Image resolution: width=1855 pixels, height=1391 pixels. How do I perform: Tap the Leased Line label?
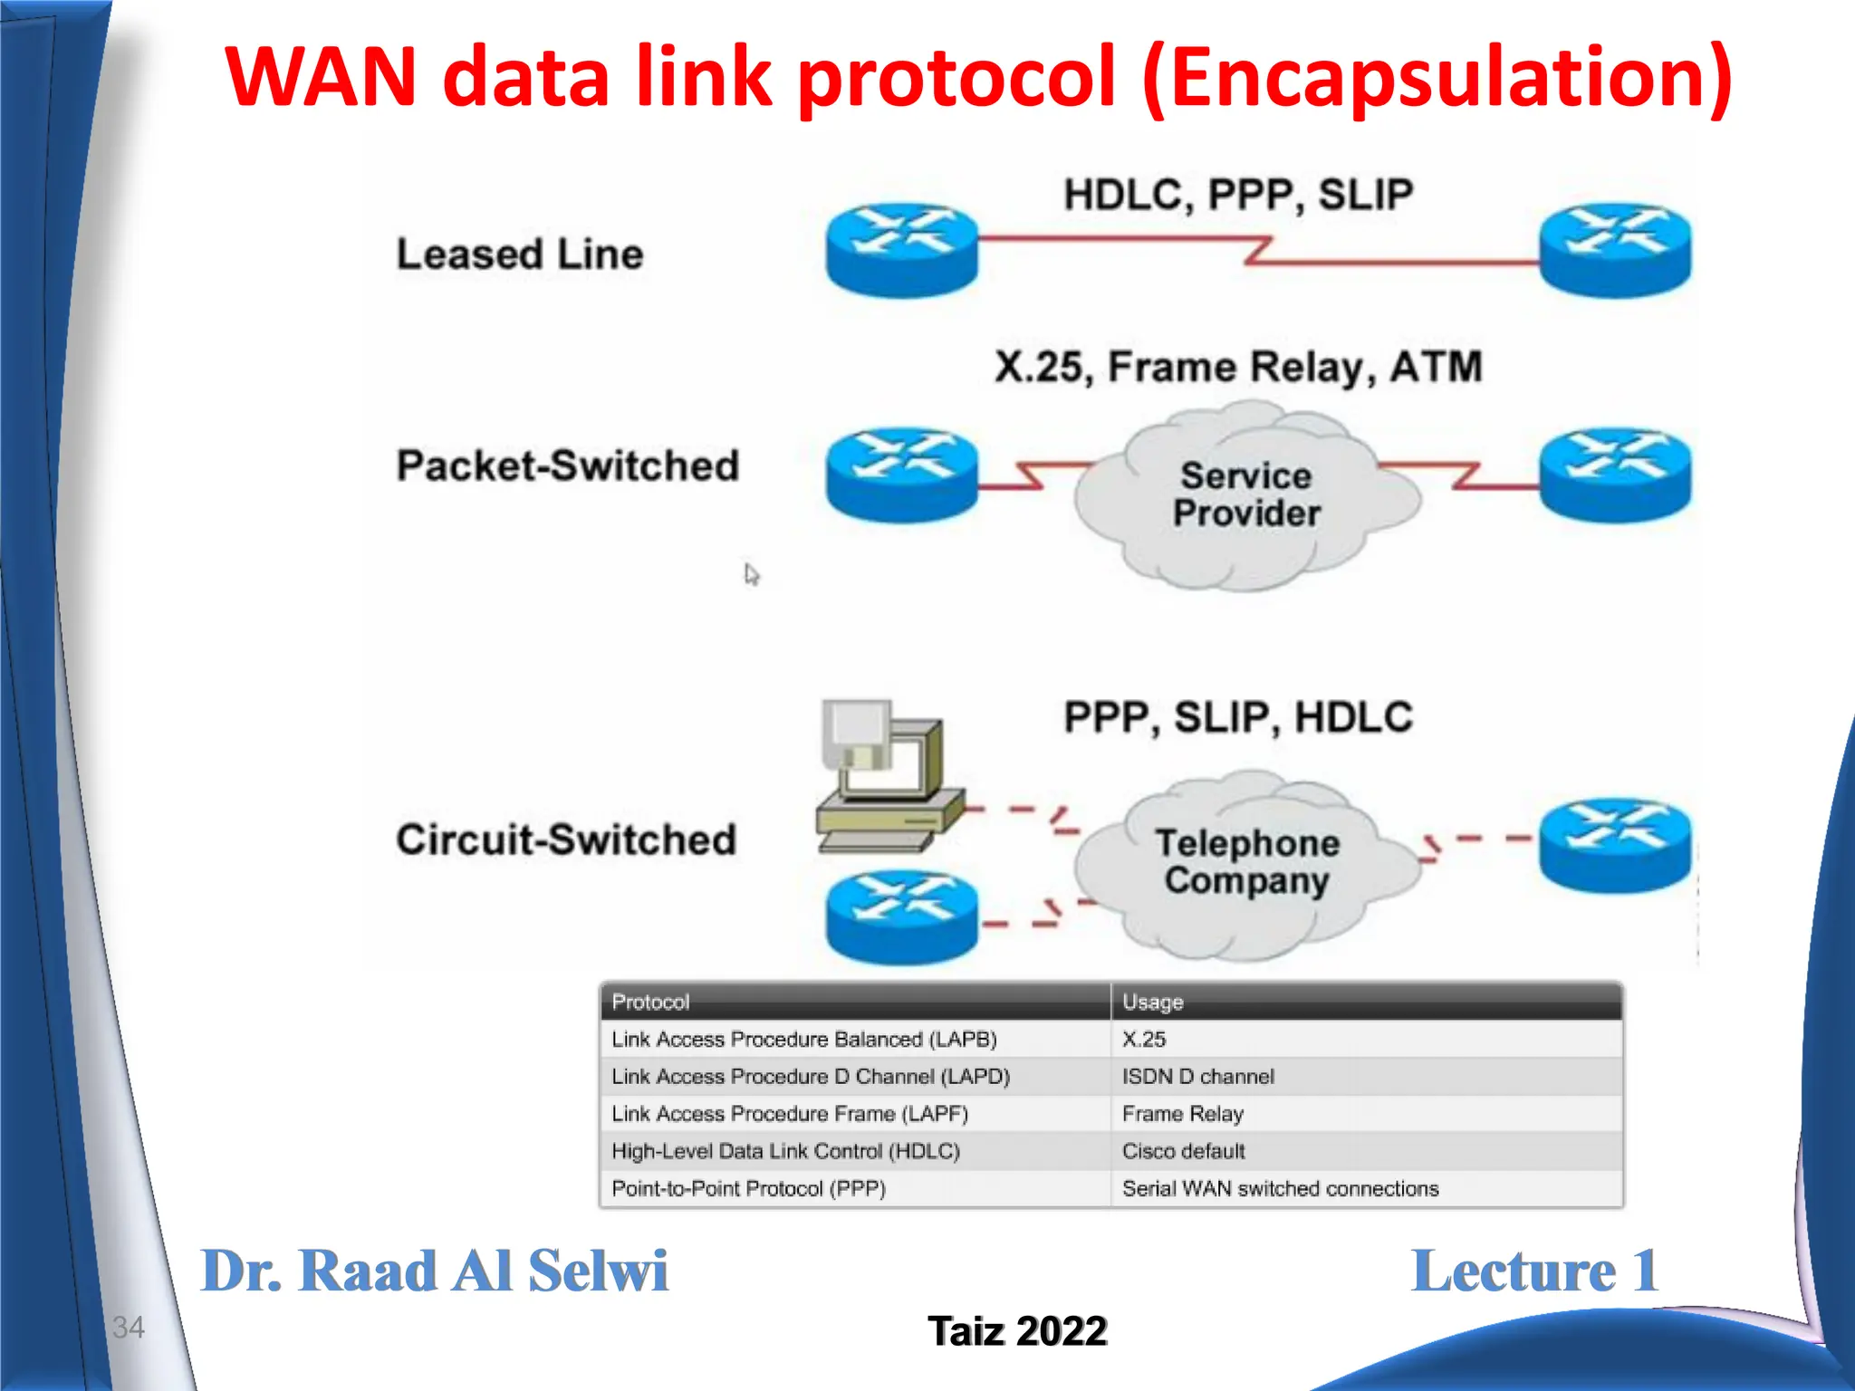[x=520, y=254]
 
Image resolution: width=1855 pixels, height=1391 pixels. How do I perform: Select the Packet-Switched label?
[x=568, y=465]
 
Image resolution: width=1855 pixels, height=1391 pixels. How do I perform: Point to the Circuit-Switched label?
[x=566, y=839]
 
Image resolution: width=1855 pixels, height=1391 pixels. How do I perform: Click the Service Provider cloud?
[x=1246, y=495]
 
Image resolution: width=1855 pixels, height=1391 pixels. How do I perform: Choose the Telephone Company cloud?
[x=1246, y=862]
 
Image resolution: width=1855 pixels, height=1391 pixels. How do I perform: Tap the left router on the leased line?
[x=902, y=249]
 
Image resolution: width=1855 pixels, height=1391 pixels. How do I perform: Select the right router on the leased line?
[x=1615, y=249]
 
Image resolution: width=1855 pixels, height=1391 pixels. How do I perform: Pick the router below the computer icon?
[x=902, y=916]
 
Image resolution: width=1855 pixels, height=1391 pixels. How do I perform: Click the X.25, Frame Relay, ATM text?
[x=1238, y=368]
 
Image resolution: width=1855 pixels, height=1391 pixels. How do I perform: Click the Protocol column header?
[x=650, y=1002]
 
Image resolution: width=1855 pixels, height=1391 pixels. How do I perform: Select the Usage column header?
[x=1152, y=1002]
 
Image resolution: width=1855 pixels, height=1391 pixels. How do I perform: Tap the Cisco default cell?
[x=1183, y=1151]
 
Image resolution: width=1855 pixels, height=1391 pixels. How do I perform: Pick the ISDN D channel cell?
[x=1197, y=1077]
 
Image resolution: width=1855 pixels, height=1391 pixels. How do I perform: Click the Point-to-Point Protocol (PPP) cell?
[x=748, y=1188]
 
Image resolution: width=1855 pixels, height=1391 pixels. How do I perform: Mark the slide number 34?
[x=128, y=1327]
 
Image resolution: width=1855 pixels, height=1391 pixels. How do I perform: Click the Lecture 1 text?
[x=1534, y=1271]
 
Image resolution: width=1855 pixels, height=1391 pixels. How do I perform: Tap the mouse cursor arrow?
[x=751, y=574]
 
